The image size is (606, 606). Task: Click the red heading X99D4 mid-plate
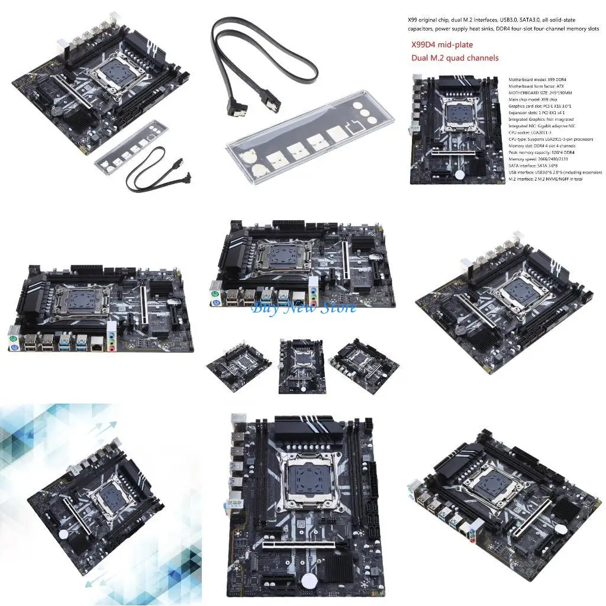tap(442, 44)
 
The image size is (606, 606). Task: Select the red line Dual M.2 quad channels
tap(454, 58)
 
